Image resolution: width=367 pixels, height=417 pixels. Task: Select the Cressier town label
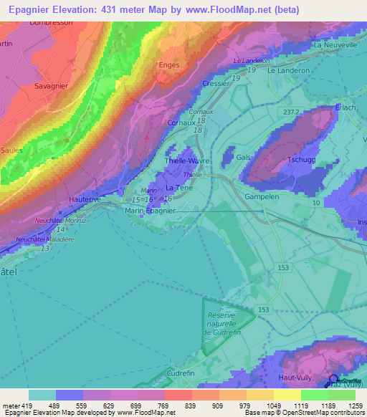click(216, 83)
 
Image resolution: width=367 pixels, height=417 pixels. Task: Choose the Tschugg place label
click(302, 159)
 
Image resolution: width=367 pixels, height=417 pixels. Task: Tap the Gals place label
click(242, 157)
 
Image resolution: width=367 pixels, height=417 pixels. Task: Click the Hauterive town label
click(85, 198)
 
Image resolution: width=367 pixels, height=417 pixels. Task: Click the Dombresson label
click(52, 23)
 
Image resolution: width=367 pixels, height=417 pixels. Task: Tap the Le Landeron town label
click(288, 71)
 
